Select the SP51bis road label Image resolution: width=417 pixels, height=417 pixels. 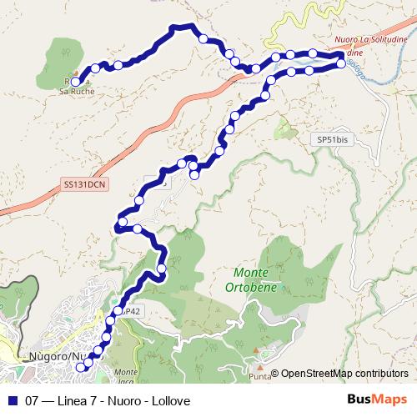[x=333, y=139]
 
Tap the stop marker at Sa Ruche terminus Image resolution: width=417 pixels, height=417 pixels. [x=75, y=82]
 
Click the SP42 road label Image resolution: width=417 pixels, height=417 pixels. [x=129, y=311]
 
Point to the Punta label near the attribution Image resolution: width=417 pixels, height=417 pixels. [x=261, y=377]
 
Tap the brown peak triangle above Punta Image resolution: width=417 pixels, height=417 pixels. [x=261, y=367]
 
